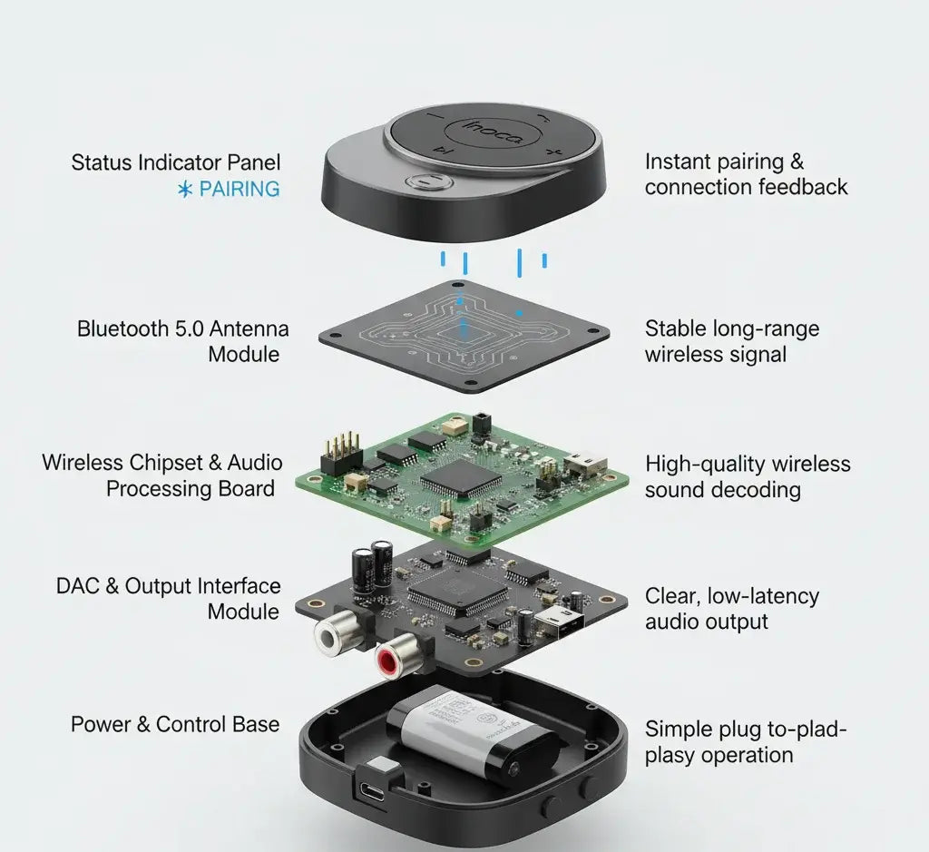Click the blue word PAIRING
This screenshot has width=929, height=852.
click(240, 189)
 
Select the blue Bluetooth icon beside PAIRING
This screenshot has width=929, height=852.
click(186, 190)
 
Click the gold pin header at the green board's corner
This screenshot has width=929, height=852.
click(339, 451)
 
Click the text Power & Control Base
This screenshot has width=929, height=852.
click(175, 724)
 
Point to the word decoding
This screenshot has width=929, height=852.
click(757, 490)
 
